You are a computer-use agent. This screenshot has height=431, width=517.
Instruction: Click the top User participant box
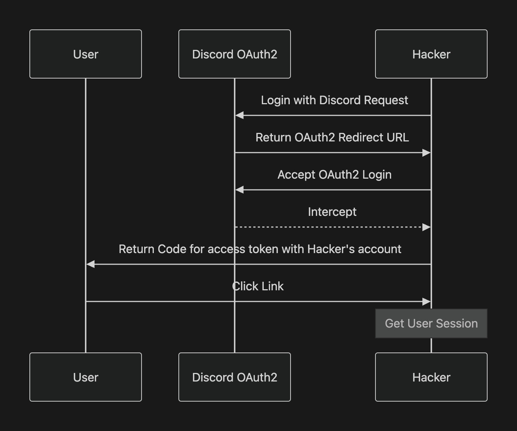tap(86, 54)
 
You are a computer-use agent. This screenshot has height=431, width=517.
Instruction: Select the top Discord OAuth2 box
tap(235, 54)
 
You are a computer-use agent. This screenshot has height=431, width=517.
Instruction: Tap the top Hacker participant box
tap(431, 54)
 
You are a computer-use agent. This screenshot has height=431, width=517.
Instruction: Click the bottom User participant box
tap(86, 377)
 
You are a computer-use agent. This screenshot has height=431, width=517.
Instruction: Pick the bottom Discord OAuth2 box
tap(235, 377)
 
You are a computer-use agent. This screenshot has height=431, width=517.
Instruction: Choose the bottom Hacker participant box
tap(431, 377)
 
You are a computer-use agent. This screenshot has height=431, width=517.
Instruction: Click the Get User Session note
tap(431, 323)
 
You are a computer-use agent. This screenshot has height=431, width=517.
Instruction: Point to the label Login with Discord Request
tap(334, 100)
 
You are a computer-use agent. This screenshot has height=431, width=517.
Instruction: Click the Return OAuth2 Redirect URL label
tap(332, 137)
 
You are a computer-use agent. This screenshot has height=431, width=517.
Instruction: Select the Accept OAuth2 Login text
tap(334, 175)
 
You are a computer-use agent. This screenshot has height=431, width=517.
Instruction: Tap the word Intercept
tap(332, 212)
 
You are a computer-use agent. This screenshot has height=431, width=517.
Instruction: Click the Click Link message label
tap(258, 286)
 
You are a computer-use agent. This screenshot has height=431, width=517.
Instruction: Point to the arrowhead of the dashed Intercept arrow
tap(426, 227)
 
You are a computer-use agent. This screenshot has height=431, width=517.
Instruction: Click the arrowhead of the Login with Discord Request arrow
tap(240, 115)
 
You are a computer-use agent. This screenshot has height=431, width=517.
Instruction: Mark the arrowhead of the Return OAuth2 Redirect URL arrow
tap(426, 153)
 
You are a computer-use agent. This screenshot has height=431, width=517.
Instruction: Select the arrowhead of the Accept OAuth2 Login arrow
tap(240, 190)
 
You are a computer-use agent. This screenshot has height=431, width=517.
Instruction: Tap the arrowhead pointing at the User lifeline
tap(91, 264)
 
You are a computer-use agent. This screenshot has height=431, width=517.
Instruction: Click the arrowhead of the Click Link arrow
tap(426, 301)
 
